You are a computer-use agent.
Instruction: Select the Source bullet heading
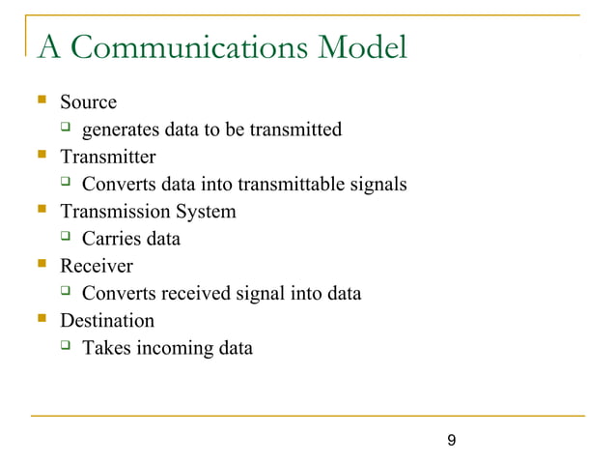coord(88,101)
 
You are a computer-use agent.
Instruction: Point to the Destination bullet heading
coord(106,320)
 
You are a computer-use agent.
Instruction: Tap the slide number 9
coord(452,442)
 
